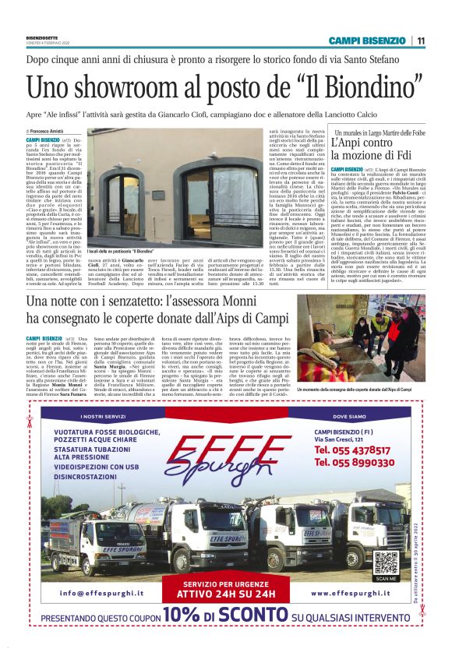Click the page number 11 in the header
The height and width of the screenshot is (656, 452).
click(x=420, y=41)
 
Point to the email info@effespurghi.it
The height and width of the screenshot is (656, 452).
click(x=92, y=594)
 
